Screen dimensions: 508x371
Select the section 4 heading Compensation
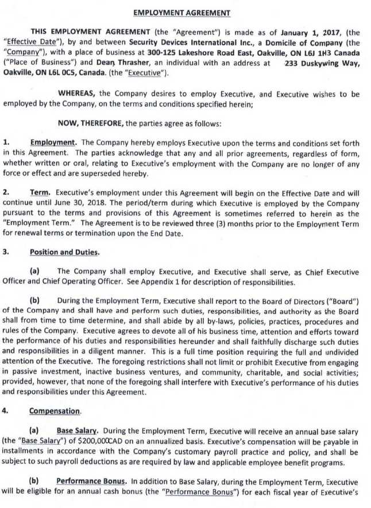click(x=55, y=411)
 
